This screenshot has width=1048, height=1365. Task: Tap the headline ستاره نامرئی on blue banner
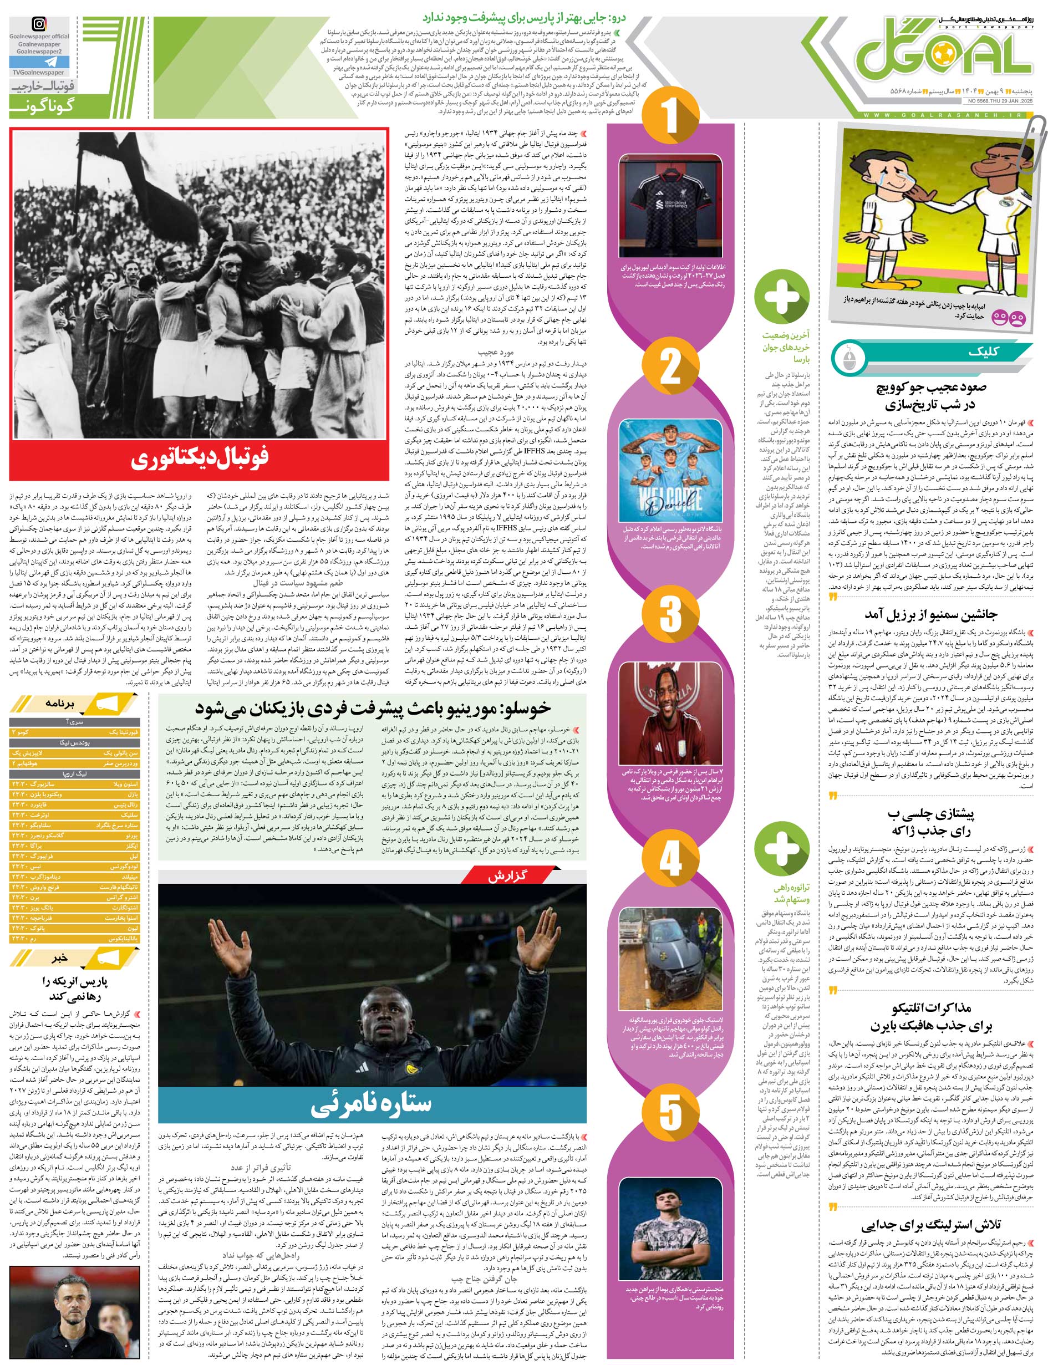point(371,1104)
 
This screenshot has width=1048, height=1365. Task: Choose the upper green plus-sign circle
point(782,296)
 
